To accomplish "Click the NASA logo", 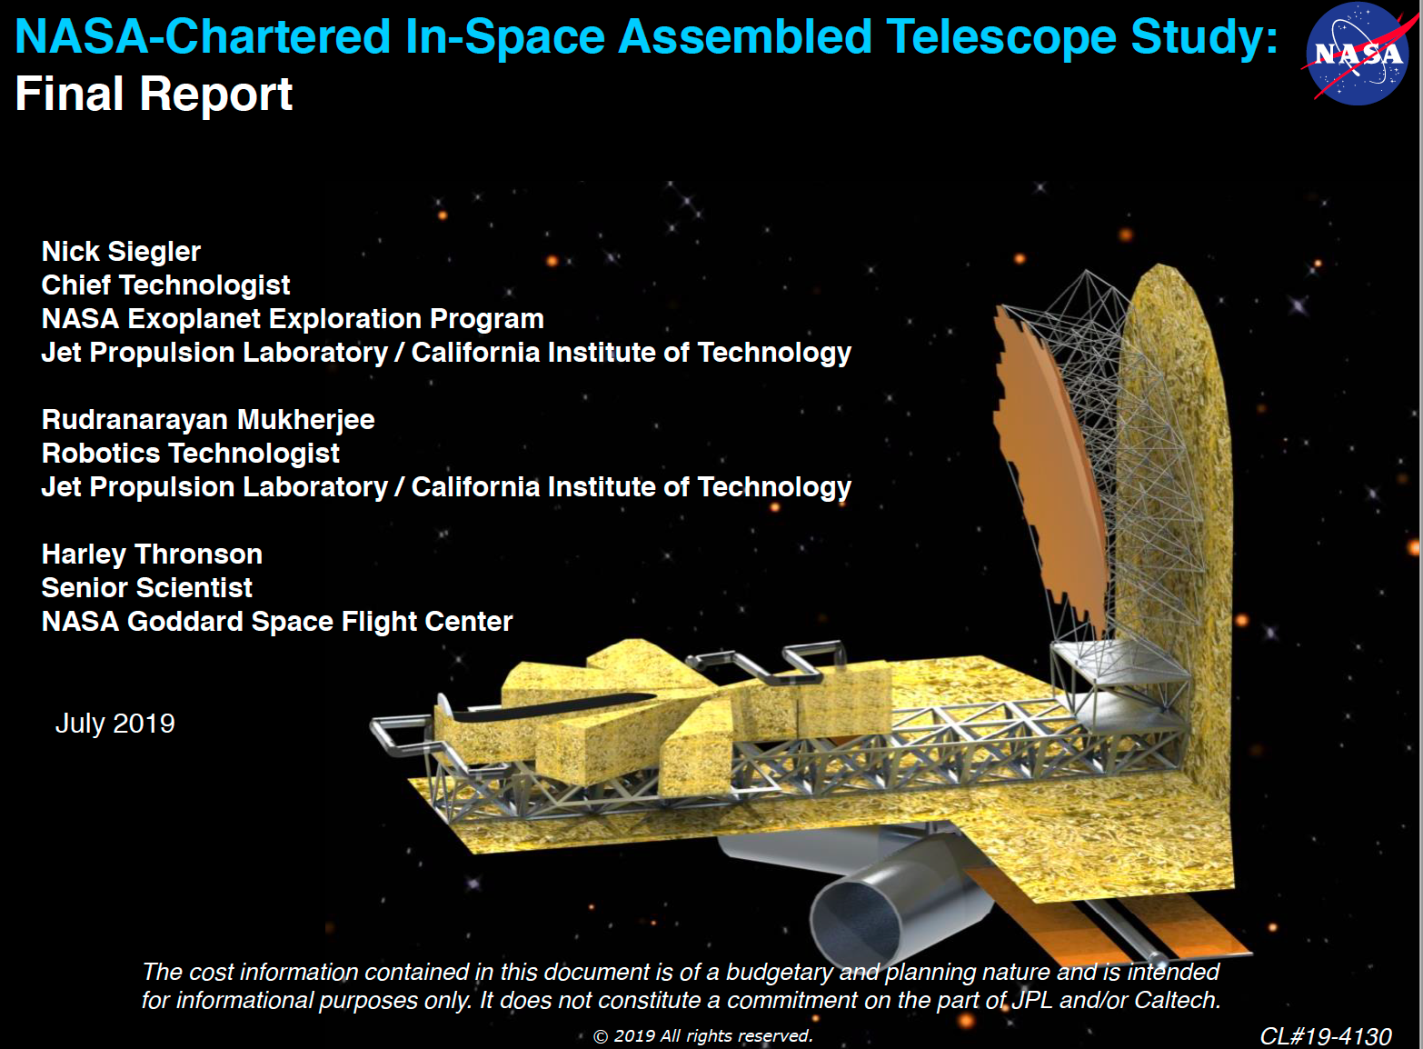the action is (1356, 54).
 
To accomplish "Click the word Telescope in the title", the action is (1001, 38).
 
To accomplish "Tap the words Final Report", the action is (154, 95).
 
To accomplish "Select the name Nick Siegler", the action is (121, 252).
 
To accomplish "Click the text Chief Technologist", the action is (165, 285).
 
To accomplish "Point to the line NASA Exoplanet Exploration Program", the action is (293, 319).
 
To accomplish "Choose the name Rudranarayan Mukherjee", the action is (208, 420).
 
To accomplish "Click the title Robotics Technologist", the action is (191, 454).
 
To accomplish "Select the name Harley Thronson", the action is (152, 554).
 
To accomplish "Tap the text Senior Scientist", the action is (146, 588).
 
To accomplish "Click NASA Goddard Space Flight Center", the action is (277, 622).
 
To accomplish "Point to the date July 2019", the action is (115, 724).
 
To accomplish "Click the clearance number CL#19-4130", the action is (1326, 1036).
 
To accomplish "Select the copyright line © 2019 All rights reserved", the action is (702, 1035).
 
